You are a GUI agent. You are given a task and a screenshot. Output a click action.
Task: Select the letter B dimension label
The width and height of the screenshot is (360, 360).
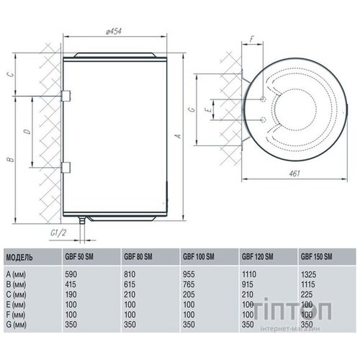click(8, 160)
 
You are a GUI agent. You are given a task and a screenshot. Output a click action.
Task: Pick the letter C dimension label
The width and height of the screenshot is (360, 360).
click(8, 73)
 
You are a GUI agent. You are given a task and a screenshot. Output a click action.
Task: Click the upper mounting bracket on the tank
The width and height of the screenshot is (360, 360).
click(66, 95)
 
